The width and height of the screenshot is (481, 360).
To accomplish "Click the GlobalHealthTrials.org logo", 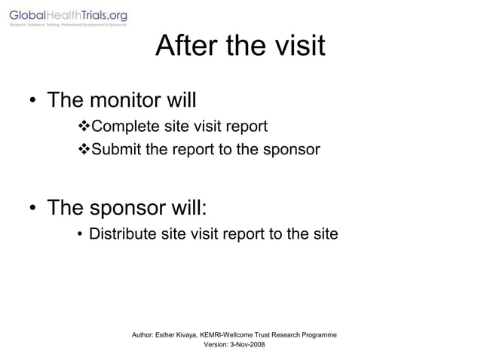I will [x=68, y=17].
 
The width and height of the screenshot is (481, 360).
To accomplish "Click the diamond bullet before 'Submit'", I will [x=84, y=149].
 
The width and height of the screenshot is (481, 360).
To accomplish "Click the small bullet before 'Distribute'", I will [x=80, y=236].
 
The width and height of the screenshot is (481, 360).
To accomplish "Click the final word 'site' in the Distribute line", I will [x=326, y=235].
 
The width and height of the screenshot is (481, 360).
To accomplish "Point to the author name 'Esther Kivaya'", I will [x=179, y=334].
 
